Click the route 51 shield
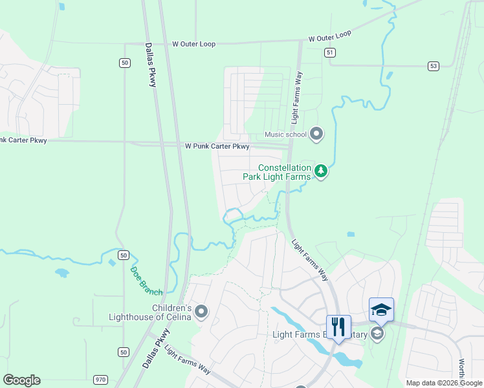pyautogui.click(x=331, y=52)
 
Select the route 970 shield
pyautogui.click(x=100, y=380)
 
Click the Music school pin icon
pyautogui.click(x=316, y=135)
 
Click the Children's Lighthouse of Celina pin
pyautogui.click(x=201, y=312)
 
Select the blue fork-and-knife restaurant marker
pyautogui.click(x=338, y=327)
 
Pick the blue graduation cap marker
pyautogui.click(x=381, y=310)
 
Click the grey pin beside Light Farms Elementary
pyautogui.click(x=377, y=334)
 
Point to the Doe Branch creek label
pyautogui.click(x=147, y=281)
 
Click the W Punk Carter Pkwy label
pyautogui.click(x=217, y=147)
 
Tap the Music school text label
pyautogui.click(x=285, y=135)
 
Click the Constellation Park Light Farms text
pyautogui.click(x=276, y=171)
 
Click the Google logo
pyautogui.click(x=21, y=380)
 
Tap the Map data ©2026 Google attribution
pyautogui.click(x=443, y=383)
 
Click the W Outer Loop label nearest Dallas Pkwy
pyautogui.click(x=193, y=44)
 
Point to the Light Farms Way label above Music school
pyautogui.click(x=296, y=98)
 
